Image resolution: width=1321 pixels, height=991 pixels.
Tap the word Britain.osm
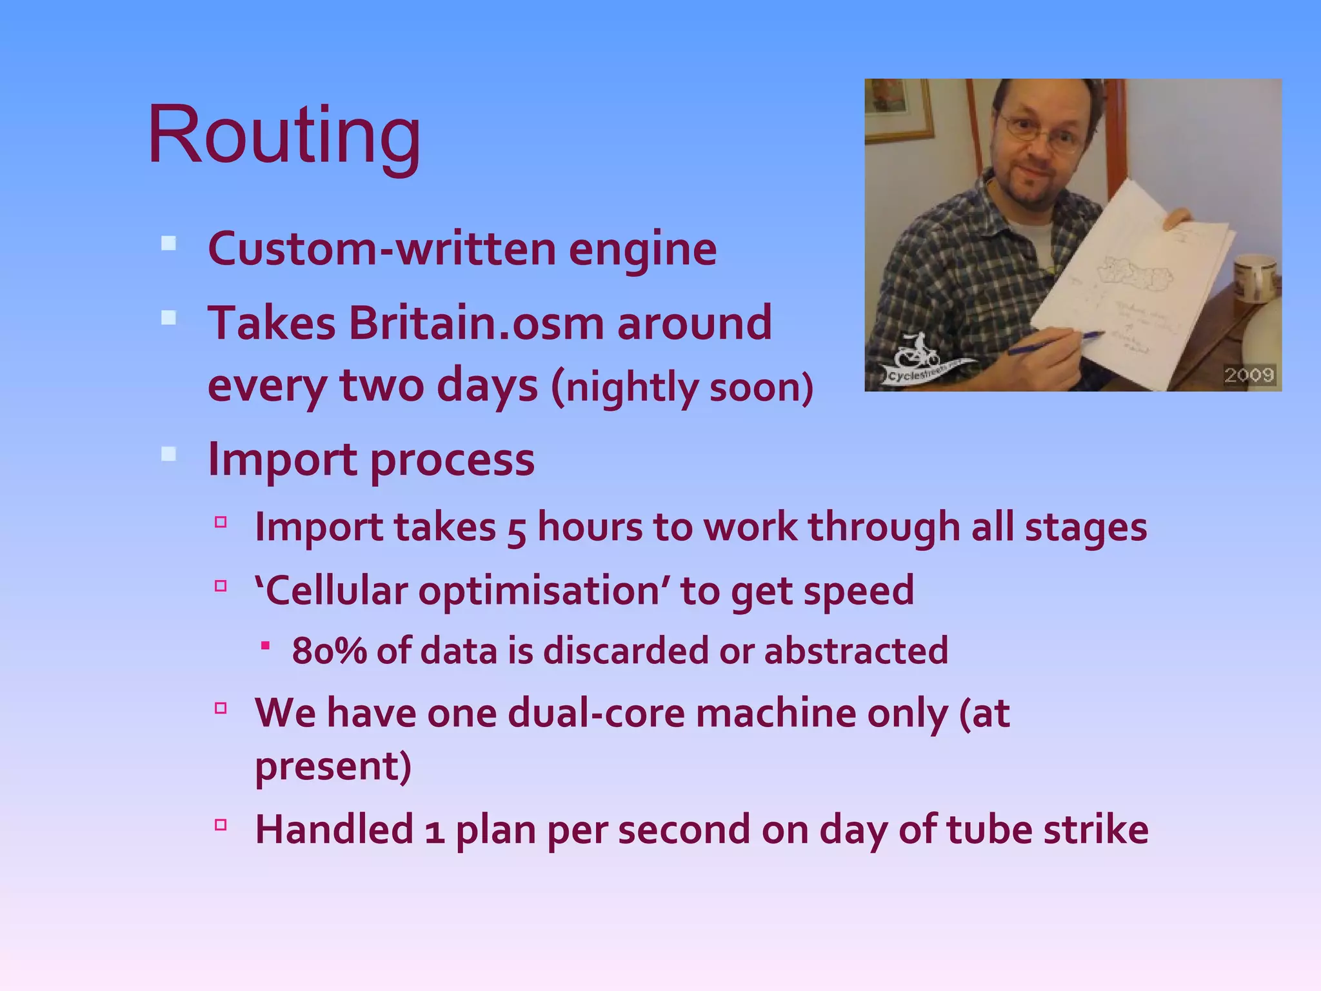(477, 323)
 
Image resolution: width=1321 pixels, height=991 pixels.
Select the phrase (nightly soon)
(682, 387)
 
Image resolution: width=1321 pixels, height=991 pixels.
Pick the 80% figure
(329, 650)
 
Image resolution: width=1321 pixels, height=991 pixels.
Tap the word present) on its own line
(333, 766)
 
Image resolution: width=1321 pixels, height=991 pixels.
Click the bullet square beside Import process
(169, 454)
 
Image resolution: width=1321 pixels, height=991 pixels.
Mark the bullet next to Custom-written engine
(169, 244)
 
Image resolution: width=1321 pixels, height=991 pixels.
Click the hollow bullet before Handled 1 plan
(221, 825)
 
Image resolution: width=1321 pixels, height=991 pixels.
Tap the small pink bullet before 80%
(265, 645)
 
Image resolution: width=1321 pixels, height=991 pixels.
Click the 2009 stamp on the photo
(1249, 375)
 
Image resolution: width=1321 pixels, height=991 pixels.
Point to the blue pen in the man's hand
(1058, 343)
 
